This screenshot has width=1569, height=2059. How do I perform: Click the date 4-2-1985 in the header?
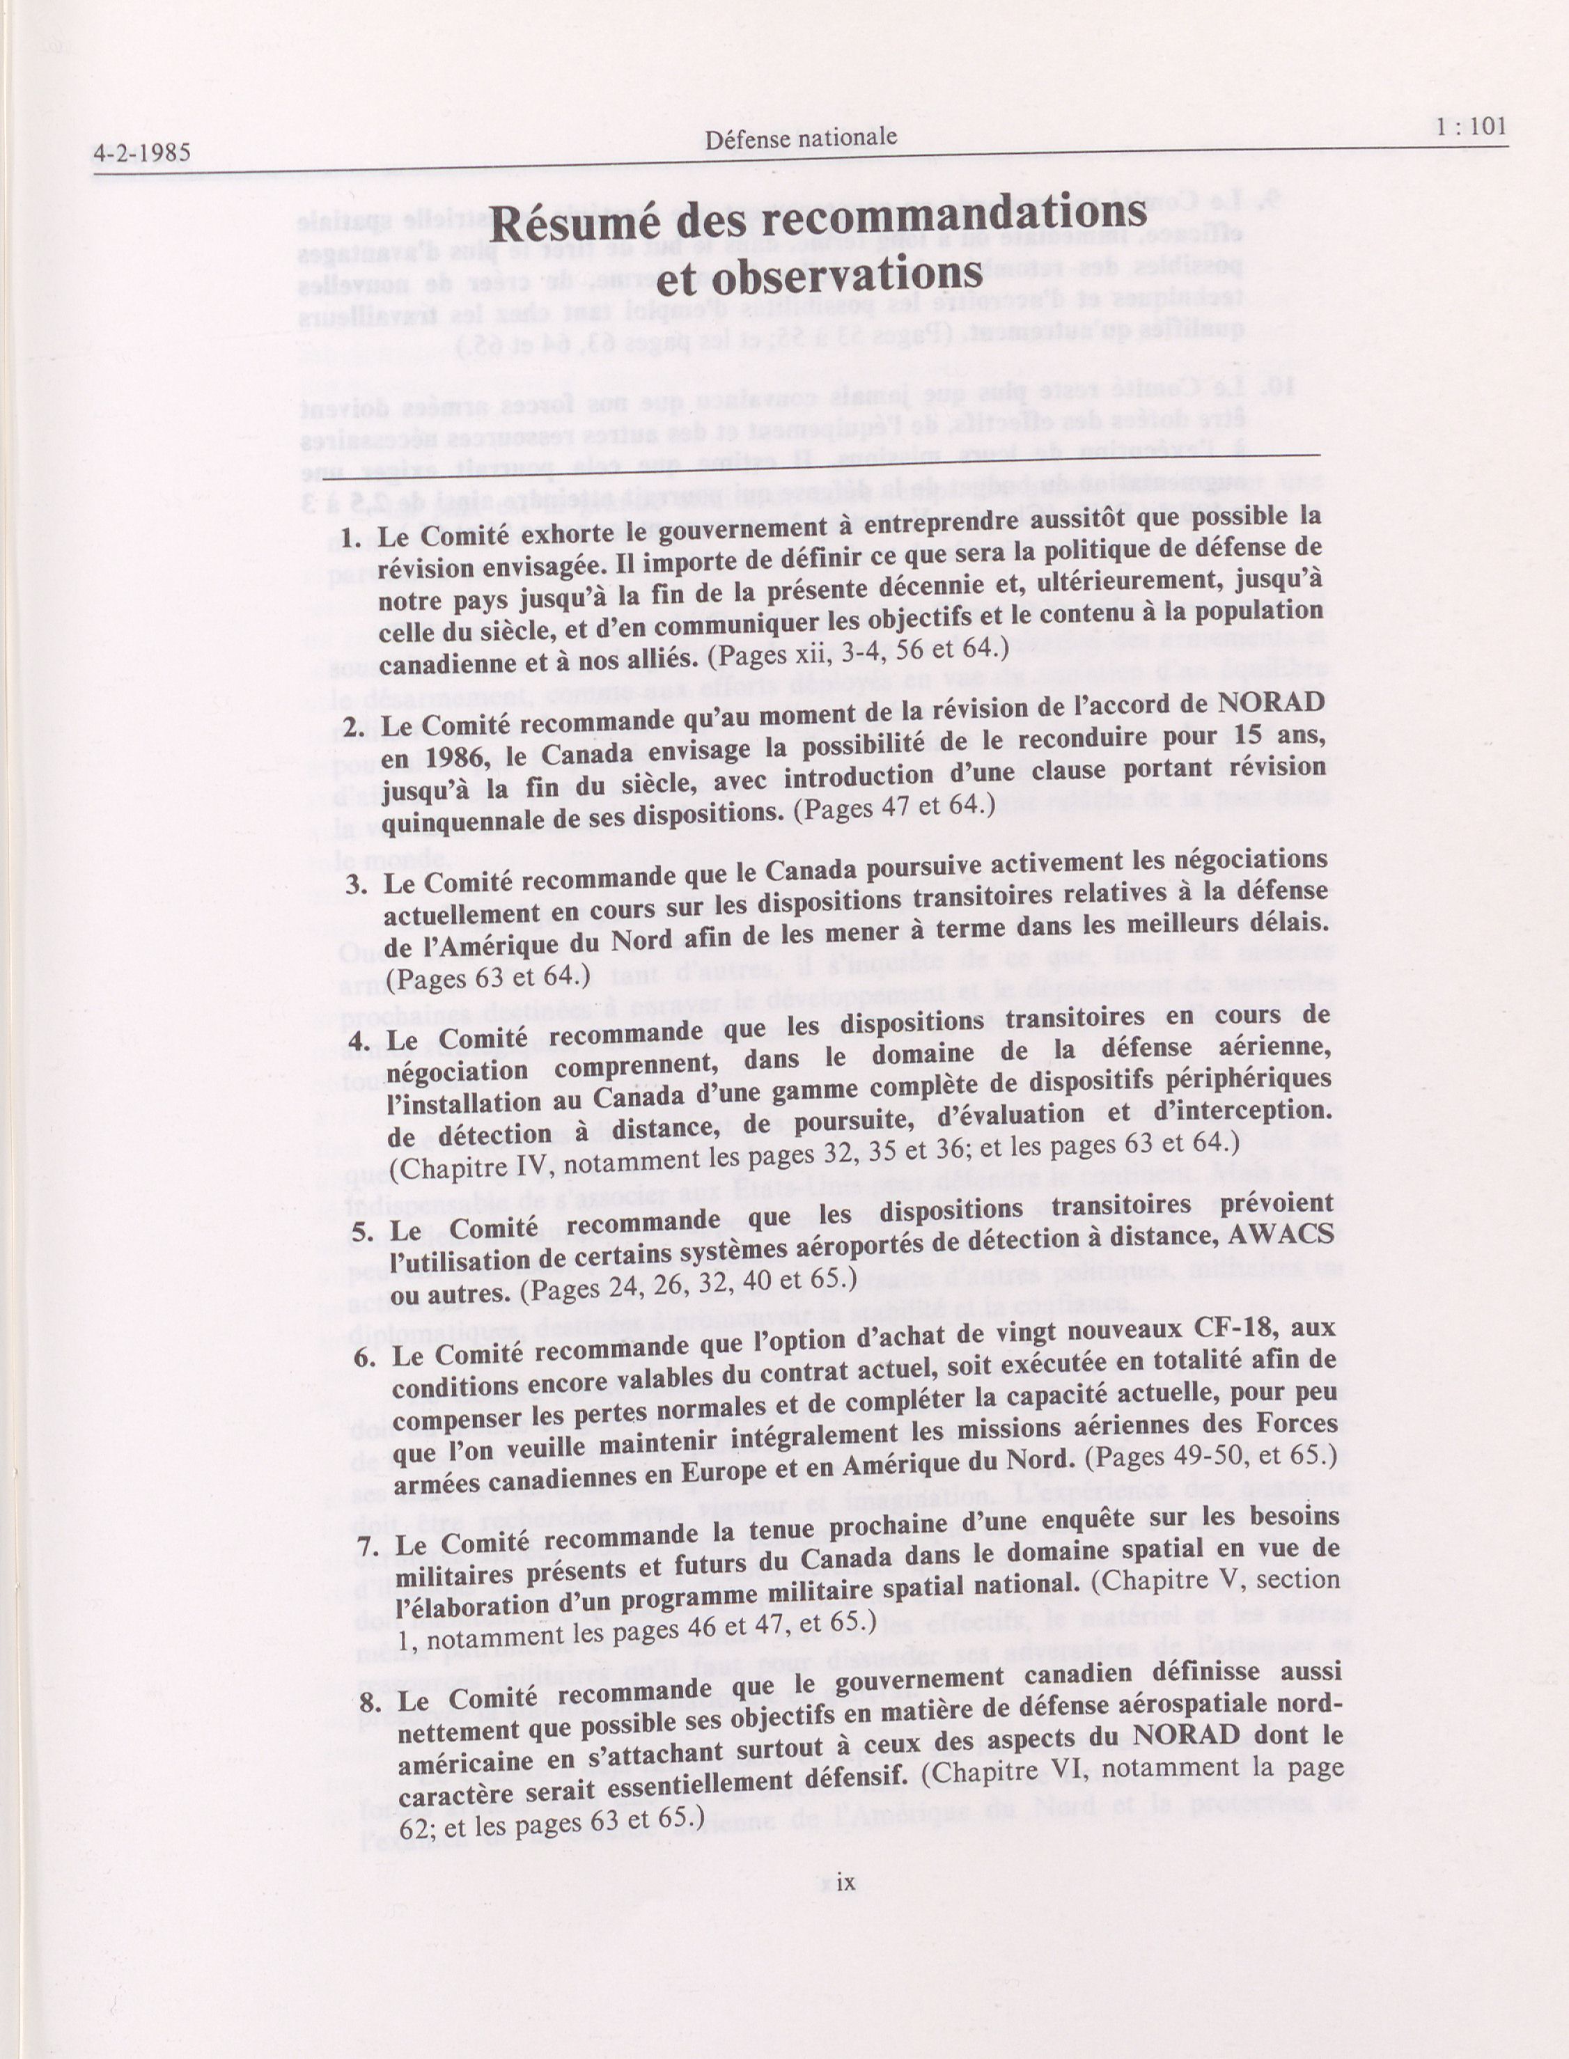(x=142, y=153)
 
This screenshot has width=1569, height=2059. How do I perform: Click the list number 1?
(x=350, y=540)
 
